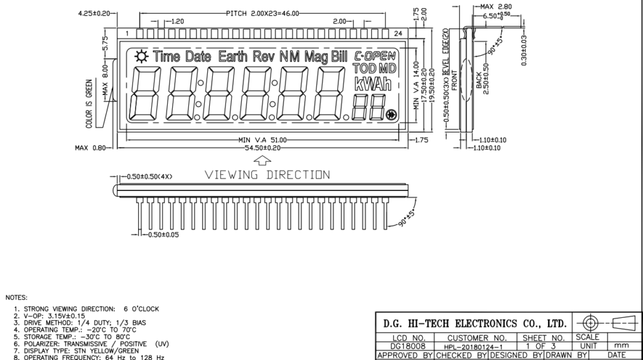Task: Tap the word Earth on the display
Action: pos(232,57)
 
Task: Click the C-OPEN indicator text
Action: pos(375,55)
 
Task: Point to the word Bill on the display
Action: pos(338,57)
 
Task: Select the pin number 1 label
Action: pos(127,33)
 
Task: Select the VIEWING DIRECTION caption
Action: pos(267,175)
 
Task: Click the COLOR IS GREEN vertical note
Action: pos(89,104)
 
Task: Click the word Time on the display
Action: pos(166,57)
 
